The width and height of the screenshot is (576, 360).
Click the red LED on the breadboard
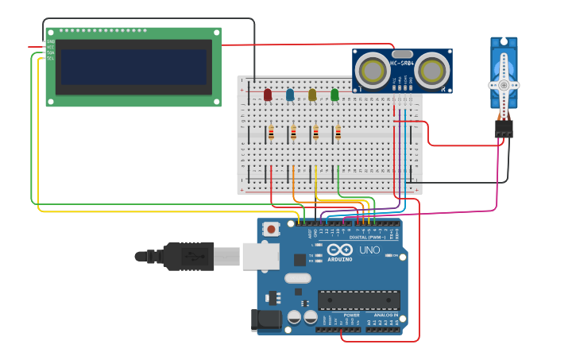point(268,95)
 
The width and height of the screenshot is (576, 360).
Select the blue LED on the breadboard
point(290,95)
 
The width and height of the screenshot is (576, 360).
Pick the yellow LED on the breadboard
point(312,95)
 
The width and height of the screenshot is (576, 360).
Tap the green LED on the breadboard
point(334,95)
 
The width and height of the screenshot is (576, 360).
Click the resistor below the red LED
point(271,132)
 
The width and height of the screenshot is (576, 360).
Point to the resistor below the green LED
point(338,132)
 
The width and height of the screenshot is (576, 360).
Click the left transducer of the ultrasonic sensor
point(371,68)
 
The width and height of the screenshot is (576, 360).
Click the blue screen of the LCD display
point(133,68)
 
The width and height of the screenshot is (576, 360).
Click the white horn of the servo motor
point(504,84)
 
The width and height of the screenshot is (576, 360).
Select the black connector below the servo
point(504,128)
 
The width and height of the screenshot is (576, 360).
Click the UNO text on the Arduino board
point(369,250)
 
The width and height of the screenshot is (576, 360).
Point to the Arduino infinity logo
point(340,250)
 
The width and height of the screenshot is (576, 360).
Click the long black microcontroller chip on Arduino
point(359,300)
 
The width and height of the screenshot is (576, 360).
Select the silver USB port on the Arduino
point(261,256)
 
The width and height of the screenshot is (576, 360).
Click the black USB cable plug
point(187,256)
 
